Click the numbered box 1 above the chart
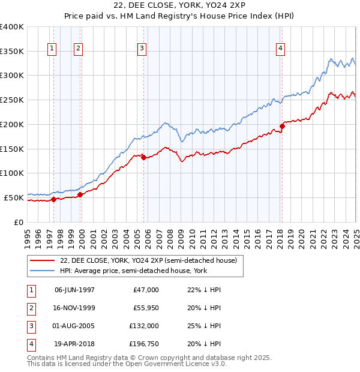coord(52,49)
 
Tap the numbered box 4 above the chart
coord(280,49)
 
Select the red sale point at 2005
coord(143,158)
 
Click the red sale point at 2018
coord(282,126)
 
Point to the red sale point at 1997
coord(53,199)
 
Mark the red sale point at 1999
coord(80,194)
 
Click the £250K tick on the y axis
coord(12,100)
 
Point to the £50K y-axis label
coord(13,197)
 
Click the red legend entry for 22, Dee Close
coord(149,260)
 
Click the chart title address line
coord(180,5)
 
